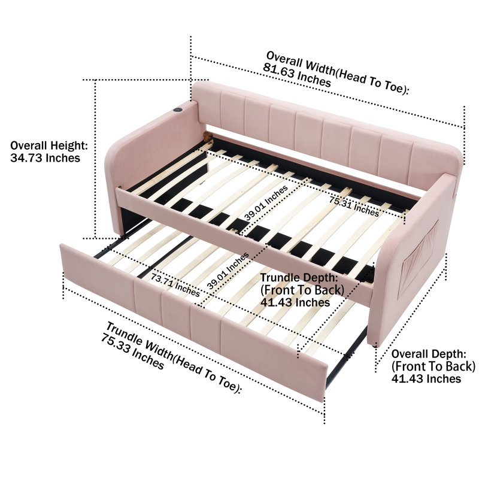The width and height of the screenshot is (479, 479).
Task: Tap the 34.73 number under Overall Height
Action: [x=26, y=158]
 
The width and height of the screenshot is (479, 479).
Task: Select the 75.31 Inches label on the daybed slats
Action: [x=354, y=207]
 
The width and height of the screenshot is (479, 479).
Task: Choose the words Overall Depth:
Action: [x=429, y=354]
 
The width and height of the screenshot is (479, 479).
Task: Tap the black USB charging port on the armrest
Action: [x=177, y=110]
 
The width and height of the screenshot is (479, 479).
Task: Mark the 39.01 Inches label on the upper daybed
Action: [x=266, y=203]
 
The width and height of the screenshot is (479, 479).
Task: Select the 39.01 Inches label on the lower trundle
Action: [x=228, y=271]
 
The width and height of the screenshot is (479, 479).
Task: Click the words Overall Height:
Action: [x=49, y=145]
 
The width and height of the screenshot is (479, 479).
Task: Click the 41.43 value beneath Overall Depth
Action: [x=408, y=379]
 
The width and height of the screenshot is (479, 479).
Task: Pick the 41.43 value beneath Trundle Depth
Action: [x=277, y=302]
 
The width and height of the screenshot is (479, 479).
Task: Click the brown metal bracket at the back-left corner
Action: [x=208, y=138]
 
